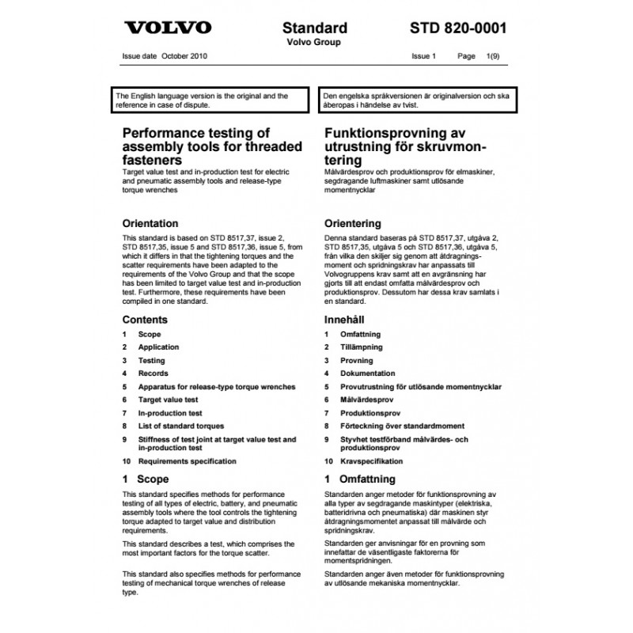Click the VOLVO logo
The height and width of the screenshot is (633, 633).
169,27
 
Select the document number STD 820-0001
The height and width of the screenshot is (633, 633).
458,28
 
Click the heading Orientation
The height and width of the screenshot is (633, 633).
150,223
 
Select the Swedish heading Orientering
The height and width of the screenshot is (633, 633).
353,223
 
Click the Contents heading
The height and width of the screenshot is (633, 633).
145,320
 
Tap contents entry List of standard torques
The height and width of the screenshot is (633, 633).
181,426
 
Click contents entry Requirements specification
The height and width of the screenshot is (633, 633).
187,461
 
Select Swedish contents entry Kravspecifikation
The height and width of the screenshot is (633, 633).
372,461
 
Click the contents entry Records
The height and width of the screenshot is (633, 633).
153,373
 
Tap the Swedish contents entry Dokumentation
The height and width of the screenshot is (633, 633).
368,373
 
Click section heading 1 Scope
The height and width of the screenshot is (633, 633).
146,479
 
